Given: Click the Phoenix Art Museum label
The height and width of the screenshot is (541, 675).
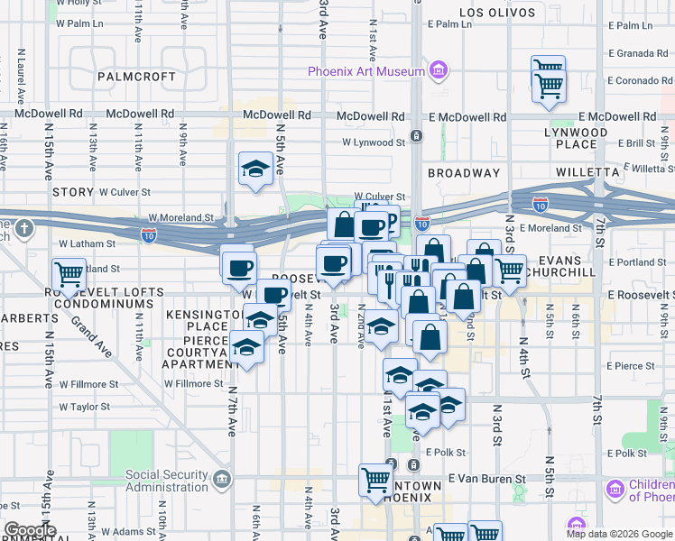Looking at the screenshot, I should (x=365, y=72).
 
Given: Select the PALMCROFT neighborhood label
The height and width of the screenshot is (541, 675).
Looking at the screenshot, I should (x=136, y=77).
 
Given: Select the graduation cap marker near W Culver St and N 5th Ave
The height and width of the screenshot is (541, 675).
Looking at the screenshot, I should (x=255, y=168).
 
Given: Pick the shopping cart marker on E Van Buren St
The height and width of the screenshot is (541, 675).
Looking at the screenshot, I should (x=374, y=479).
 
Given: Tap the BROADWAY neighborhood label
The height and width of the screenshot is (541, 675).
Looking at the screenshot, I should (x=464, y=173).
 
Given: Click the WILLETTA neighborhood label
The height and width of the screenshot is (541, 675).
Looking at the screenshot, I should (x=562, y=171).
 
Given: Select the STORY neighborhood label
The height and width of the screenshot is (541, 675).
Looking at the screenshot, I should (x=73, y=192).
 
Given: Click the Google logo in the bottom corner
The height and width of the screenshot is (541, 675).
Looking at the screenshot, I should (x=29, y=530).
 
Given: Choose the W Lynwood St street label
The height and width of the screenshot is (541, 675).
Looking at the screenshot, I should (x=374, y=142).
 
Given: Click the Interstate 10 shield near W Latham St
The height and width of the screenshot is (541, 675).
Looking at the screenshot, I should (x=149, y=235).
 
